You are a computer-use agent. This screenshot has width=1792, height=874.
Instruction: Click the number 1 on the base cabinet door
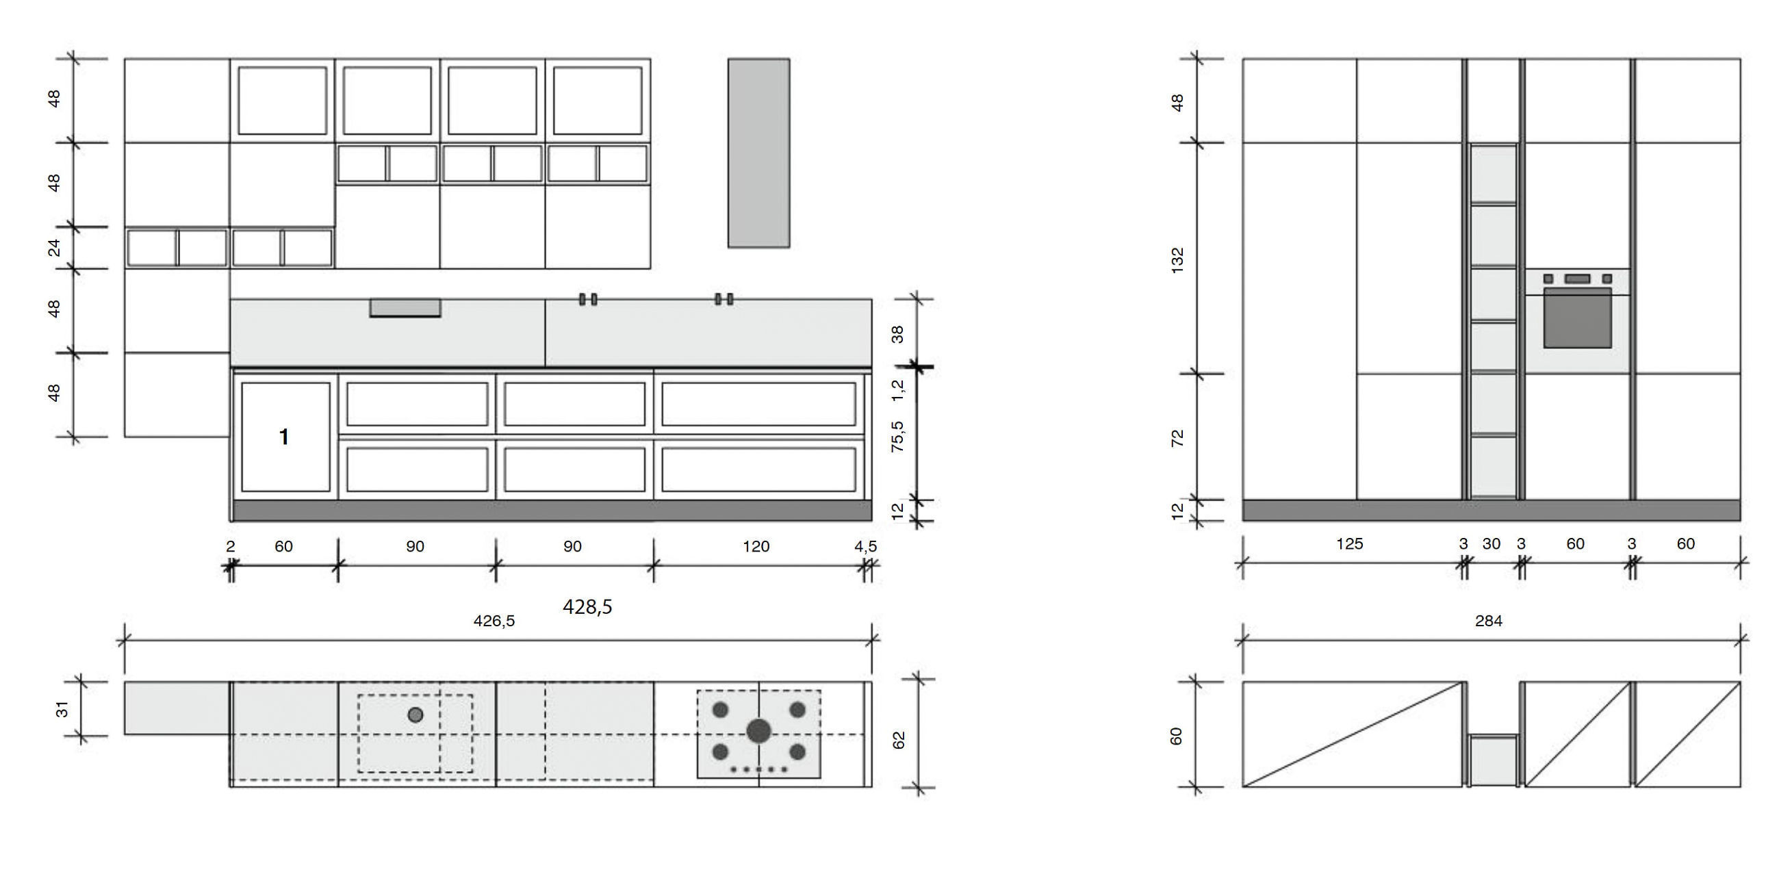coord(284,437)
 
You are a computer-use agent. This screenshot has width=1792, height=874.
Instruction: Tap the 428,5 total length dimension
coord(587,607)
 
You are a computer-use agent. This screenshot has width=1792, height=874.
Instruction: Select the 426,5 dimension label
coord(494,621)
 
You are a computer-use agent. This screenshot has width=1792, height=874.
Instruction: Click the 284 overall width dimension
coord(1488,621)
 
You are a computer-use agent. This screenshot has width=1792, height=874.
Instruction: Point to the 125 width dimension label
coord(1349,543)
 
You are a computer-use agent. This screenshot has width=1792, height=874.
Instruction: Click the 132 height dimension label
coord(1177,260)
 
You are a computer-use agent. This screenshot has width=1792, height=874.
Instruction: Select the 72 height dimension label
coord(1177,438)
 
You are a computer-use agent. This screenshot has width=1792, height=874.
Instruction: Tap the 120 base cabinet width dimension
coord(756,547)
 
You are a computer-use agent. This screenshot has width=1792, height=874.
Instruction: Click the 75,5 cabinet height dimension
coord(898,437)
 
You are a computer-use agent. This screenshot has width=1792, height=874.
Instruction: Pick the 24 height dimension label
coord(54,248)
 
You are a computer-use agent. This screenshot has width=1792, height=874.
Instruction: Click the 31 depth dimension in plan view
coord(62,709)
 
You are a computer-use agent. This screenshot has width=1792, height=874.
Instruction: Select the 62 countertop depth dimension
coord(899,740)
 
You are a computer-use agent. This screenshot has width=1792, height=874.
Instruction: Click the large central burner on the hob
coord(758,731)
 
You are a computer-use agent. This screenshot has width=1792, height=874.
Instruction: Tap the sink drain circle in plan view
coord(415,715)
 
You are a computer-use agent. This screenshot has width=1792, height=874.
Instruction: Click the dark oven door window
coord(1577,318)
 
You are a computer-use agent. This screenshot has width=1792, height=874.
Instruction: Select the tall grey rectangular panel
coord(758,153)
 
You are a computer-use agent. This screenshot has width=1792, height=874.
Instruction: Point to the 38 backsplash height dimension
coord(898,334)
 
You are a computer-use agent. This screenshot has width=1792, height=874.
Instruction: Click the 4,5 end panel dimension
coord(865,547)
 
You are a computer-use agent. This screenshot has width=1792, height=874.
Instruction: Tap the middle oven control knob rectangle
coord(1577,279)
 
